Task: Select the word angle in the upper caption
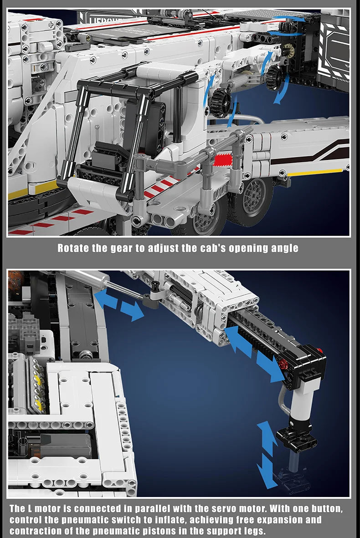(x=283, y=248)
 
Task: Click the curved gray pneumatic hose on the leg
(x=283, y=400)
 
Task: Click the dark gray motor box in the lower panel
(x=63, y=444)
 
